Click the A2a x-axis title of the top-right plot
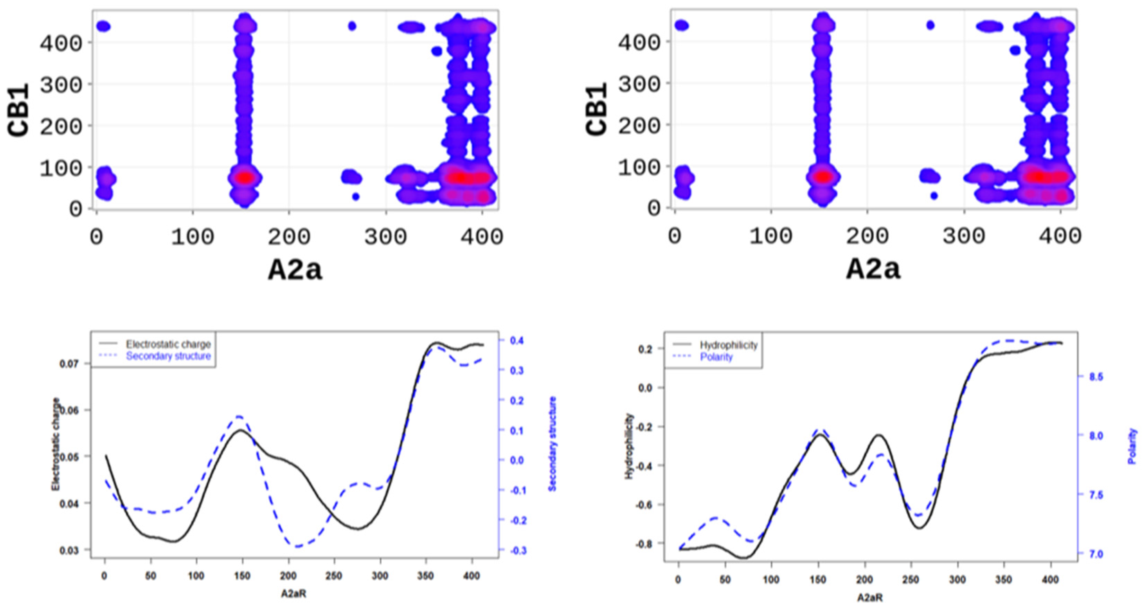tap(873, 269)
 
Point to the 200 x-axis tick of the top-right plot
tap(867, 237)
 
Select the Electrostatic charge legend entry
tap(168, 344)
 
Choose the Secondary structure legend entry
tap(168, 356)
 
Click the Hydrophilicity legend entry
tap(728, 345)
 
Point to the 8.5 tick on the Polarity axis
tap(1096, 377)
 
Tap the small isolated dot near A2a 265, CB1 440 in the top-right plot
tap(930, 26)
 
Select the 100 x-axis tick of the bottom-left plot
tap(196, 576)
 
